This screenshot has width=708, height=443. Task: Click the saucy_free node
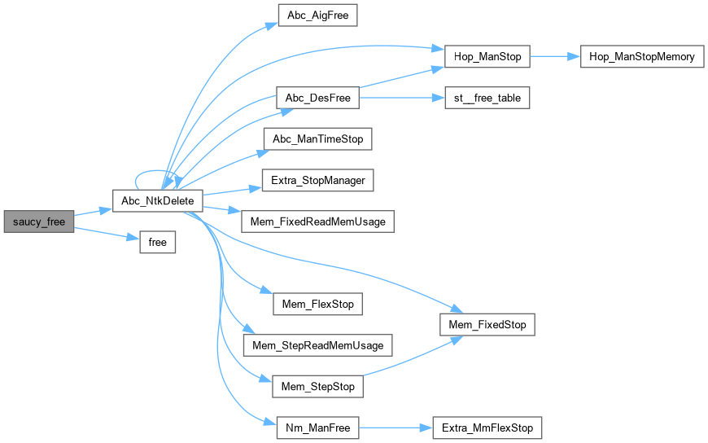tap(37, 221)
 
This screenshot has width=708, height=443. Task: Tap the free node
tap(158, 242)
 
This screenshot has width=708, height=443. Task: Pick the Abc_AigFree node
tap(317, 15)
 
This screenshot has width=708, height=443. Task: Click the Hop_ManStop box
tap(487, 57)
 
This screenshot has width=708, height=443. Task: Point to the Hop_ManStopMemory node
tap(641, 57)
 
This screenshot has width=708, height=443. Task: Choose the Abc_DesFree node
tap(317, 99)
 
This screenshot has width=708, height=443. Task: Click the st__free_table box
tap(487, 99)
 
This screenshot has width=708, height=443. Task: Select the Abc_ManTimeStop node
tap(317, 138)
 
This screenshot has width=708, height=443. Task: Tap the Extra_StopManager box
tap(317, 180)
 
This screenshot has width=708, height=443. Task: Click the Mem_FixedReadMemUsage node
tap(317, 221)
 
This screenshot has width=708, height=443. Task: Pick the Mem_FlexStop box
tap(317, 305)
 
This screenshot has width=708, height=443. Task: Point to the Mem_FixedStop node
tap(487, 325)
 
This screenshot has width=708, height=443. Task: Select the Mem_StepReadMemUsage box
tap(317, 345)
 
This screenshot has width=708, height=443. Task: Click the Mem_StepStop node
tap(317, 386)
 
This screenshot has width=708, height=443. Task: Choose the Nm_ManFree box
tap(317, 428)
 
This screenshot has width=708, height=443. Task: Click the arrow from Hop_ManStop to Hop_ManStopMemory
tap(555, 57)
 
